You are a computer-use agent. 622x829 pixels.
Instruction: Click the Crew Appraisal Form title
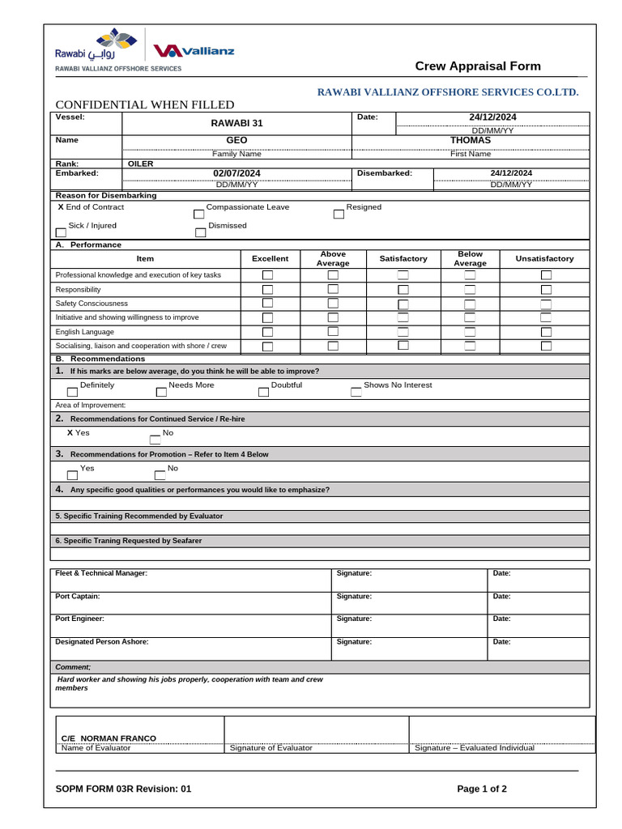pos(478,66)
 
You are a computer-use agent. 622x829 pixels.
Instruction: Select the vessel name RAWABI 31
pos(236,123)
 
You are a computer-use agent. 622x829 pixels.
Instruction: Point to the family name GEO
pos(236,141)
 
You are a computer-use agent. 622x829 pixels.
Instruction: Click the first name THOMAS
pos(470,141)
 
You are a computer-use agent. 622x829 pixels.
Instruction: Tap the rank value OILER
pos(141,164)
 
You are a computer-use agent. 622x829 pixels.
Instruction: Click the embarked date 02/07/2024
pos(236,173)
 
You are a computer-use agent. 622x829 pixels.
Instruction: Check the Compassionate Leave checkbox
pos(199,215)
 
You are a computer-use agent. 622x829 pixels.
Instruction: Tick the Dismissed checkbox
pos(201,233)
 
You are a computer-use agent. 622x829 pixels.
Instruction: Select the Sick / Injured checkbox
pos(61,233)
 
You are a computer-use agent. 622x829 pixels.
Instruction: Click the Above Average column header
pos(333,258)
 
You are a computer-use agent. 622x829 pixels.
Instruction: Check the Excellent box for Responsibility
pos(267,290)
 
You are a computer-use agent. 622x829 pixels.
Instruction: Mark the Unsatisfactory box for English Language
pos(546,332)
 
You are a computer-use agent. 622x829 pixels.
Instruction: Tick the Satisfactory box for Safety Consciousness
pos(403,304)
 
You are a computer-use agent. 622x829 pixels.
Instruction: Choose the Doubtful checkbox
pos(263,392)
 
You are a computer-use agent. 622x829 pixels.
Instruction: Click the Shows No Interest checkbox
pos(356,392)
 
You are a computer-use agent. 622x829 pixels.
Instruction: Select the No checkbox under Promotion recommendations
pos(160,475)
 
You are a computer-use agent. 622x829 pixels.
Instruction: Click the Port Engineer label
pos(79,619)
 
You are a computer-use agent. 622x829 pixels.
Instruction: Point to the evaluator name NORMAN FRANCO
pos(109,738)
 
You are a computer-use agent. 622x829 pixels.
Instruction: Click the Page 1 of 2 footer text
pos(482,789)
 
